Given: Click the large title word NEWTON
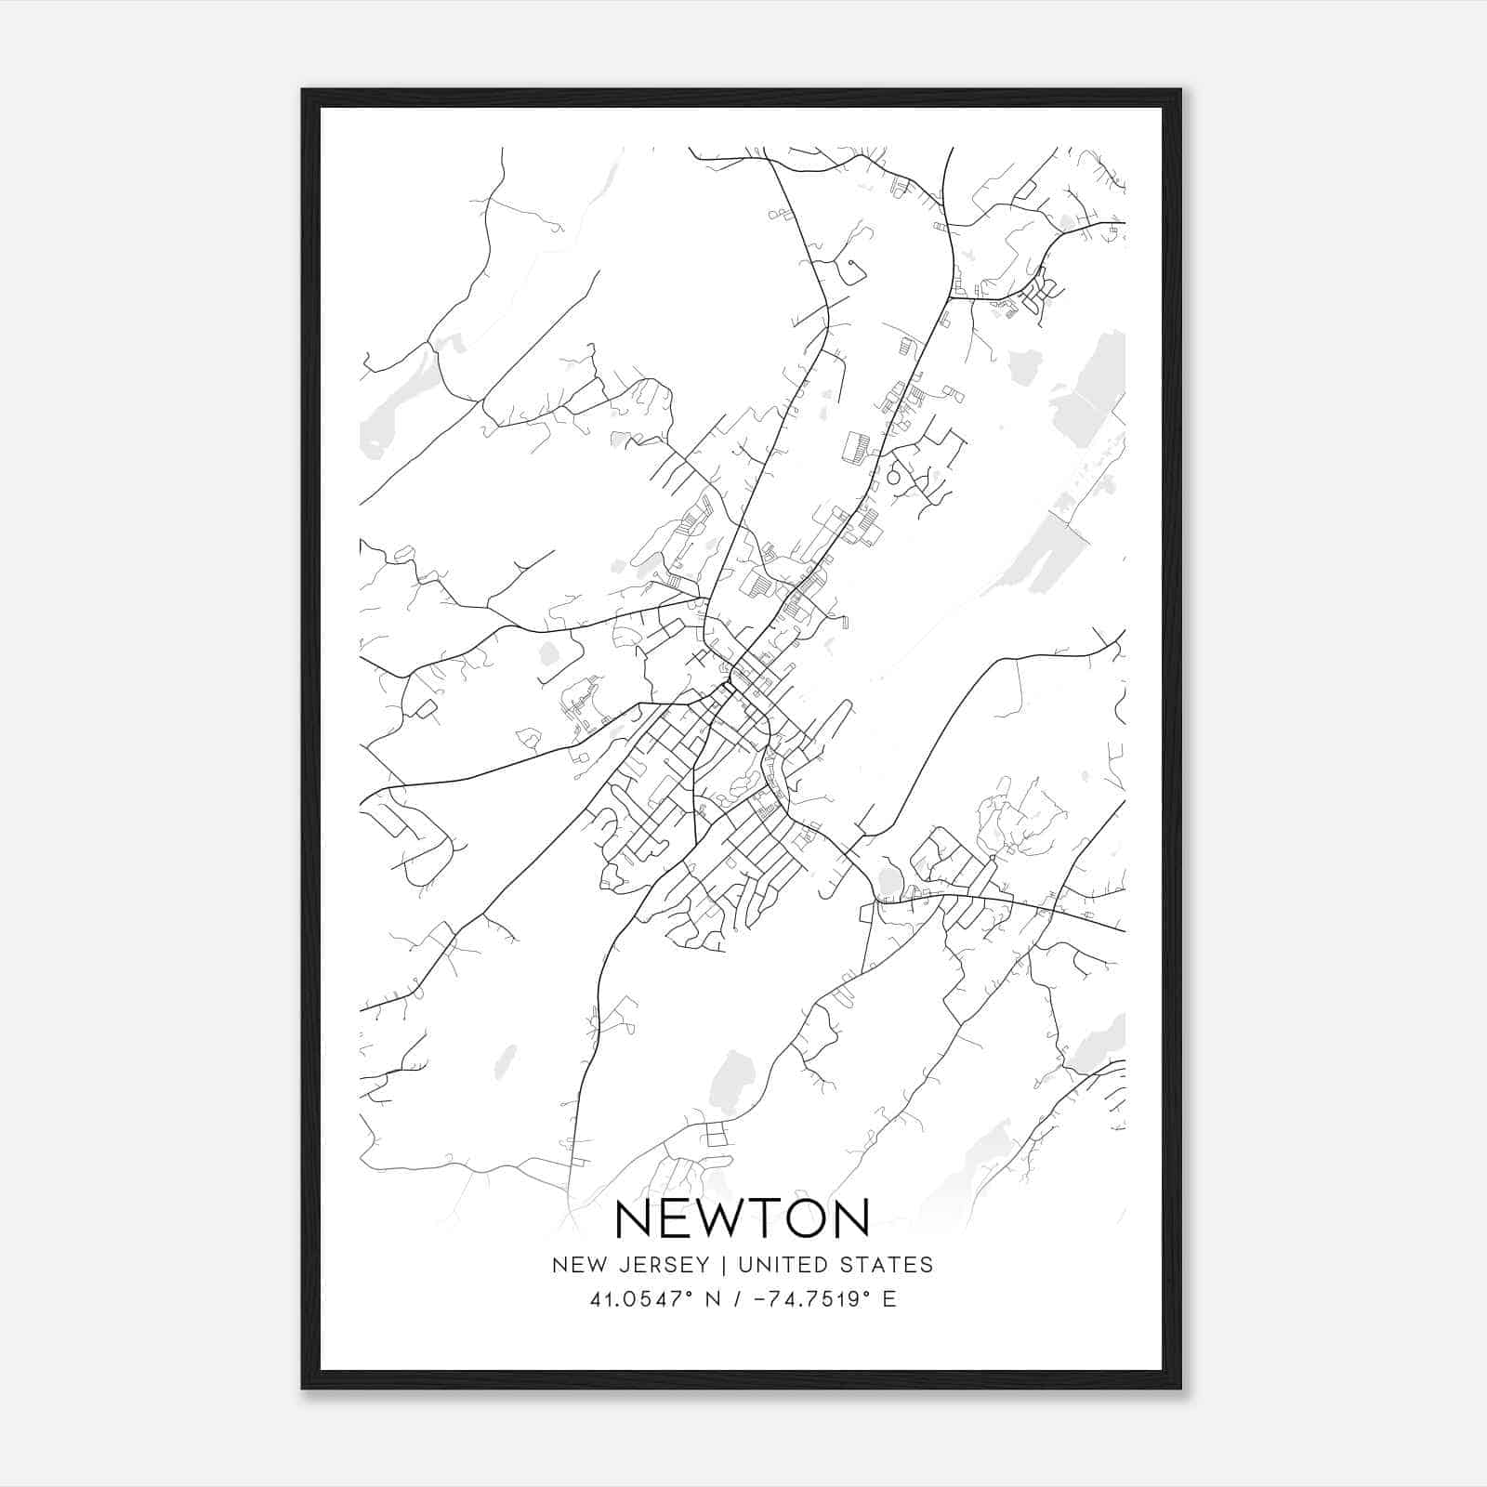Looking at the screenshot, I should (x=743, y=1218).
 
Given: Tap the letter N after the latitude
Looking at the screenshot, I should (x=714, y=1299).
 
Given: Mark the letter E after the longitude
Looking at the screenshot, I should (x=889, y=1299).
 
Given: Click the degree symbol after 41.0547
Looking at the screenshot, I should (x=691, y=1293).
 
